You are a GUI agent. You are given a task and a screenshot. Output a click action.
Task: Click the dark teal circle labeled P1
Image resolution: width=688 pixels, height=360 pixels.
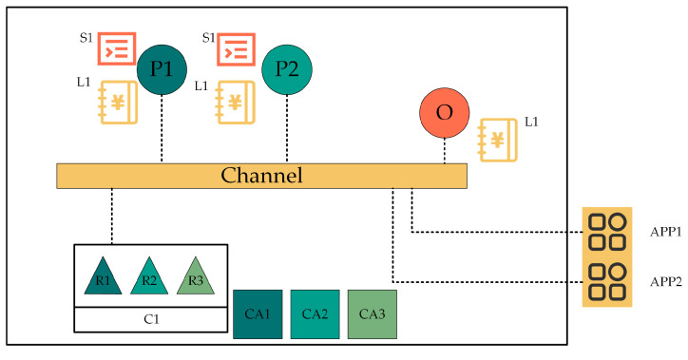162,70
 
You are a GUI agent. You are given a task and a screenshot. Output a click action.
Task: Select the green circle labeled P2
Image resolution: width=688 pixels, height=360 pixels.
287,70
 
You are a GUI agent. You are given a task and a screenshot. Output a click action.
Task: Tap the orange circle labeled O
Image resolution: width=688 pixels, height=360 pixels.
444,113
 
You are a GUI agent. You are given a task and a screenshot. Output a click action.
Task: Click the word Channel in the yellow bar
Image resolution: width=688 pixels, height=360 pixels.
261,176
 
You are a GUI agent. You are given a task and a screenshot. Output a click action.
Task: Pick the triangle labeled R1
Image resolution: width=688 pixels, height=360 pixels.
103,276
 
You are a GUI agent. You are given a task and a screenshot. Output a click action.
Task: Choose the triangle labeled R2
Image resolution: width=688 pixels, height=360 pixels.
149,276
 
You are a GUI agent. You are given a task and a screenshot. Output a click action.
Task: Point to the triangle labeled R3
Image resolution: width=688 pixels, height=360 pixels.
196,276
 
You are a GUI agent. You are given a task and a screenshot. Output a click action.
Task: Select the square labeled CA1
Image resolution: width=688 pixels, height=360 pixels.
258,313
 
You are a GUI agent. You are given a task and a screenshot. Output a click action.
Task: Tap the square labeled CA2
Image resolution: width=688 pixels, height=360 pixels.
315,313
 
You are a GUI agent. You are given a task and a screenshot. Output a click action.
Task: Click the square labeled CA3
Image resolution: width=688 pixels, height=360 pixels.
372,313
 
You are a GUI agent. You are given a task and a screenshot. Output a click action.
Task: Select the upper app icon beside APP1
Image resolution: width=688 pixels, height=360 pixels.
606,231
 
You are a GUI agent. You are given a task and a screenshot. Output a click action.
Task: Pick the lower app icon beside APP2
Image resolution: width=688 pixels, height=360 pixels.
606,282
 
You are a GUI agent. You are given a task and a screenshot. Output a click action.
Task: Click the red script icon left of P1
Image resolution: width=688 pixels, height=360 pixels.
119,48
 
